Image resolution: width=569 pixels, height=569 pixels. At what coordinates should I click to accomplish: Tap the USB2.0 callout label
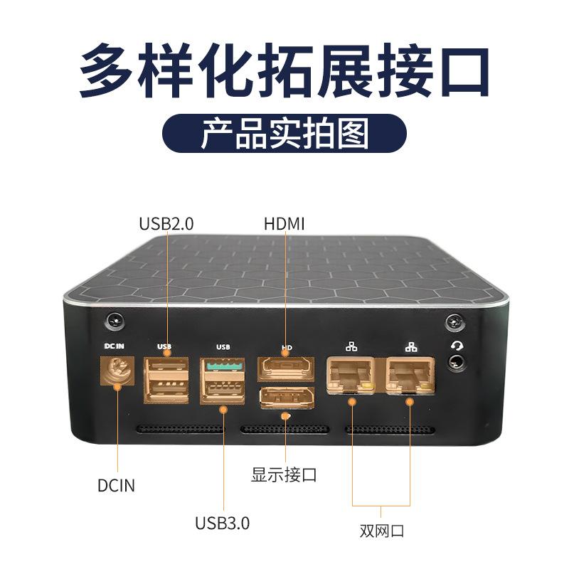pos(166,224)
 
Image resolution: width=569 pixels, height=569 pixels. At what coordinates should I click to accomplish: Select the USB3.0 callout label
pos(223,523)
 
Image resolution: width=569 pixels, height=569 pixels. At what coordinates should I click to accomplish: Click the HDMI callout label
pos(284,224)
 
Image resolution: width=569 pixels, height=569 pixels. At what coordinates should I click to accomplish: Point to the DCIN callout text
pos(116,486)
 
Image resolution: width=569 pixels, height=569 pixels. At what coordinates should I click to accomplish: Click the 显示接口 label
pos(284,474)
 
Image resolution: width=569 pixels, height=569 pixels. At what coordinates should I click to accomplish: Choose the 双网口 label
pos(382,531)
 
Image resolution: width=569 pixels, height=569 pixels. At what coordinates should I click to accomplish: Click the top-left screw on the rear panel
pos(112,321)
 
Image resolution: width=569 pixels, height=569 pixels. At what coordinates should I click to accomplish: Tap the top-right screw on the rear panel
pos(452,323)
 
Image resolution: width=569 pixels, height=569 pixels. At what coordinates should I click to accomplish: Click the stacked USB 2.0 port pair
pos(166,380)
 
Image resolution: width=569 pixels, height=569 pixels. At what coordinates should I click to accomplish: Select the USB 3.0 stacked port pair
pos(223,381)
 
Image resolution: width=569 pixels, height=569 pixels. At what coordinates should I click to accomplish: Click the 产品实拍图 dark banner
pos(284,134)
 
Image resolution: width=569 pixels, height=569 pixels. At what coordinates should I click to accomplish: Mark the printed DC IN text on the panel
pos(115,346)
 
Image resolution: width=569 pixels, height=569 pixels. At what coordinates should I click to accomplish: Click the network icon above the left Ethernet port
pos(351,347)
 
